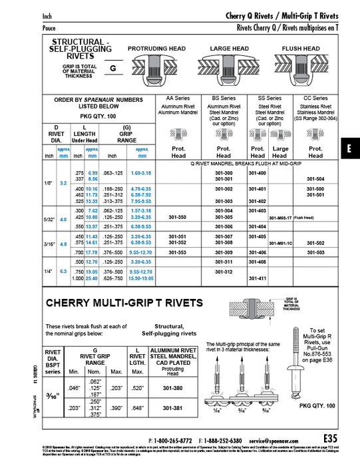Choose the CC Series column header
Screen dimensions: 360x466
[315, 98]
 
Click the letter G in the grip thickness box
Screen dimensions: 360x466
[112, 68]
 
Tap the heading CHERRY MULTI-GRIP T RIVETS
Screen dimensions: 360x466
[125, 303]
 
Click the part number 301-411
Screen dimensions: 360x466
[258, 278]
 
